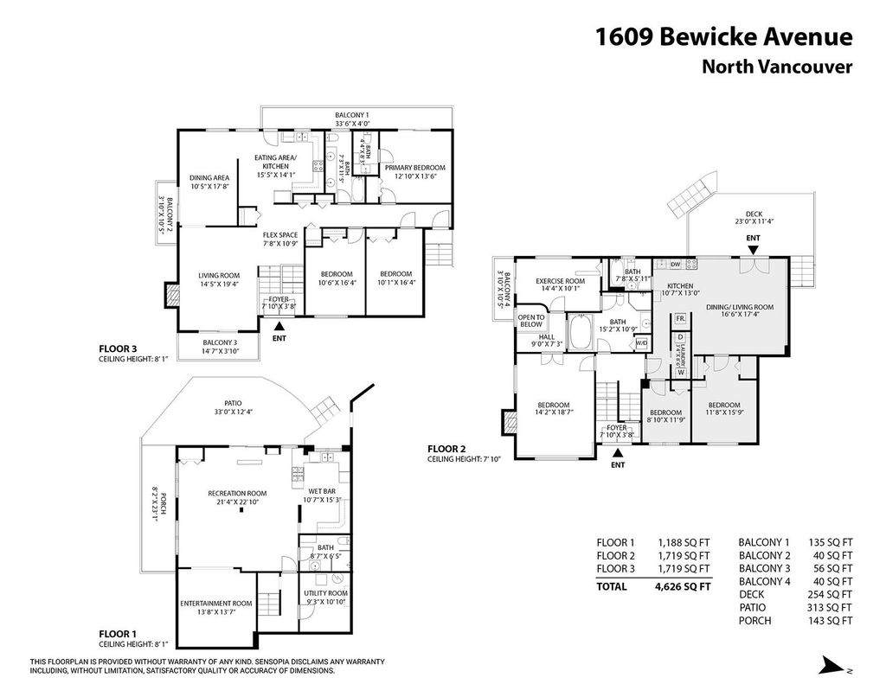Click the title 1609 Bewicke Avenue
723,37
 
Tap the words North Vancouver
776,67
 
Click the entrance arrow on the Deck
753,250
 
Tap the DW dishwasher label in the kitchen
675,265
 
